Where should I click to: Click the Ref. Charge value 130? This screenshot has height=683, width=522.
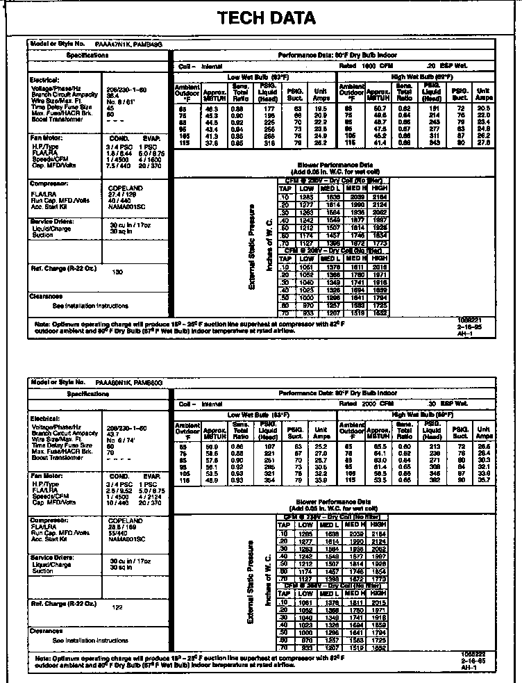[117, 272]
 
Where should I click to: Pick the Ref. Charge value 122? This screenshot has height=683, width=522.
[117, 607]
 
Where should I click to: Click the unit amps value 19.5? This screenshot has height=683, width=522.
[319, 109]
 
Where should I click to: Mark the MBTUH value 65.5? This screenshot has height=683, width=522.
[377, 446]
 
